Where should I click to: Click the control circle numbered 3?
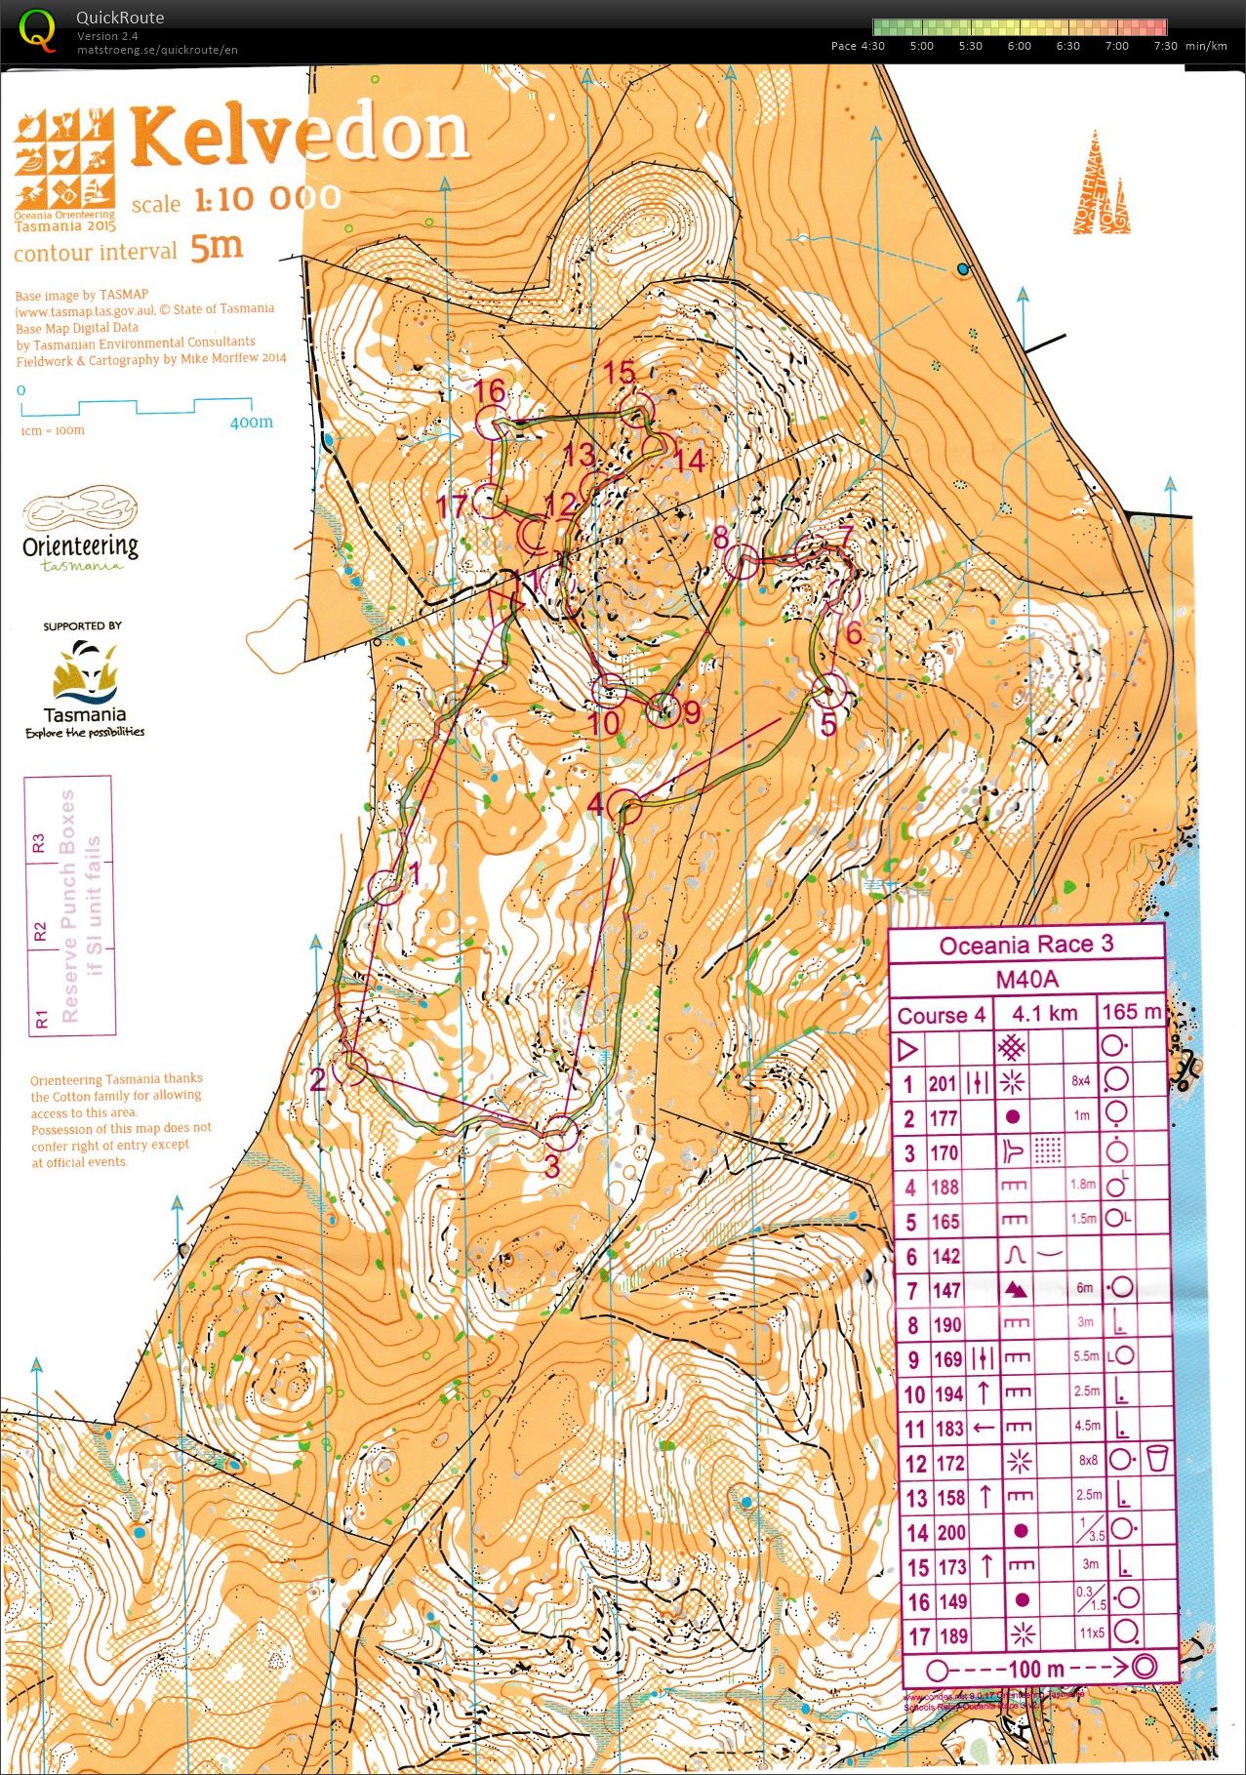(559, 1133)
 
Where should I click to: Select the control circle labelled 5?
(828, 691)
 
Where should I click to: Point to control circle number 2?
(350, 1069)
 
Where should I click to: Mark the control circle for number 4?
(625, 808)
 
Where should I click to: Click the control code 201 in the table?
(943, 1083)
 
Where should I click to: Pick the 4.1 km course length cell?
(1045, 1013)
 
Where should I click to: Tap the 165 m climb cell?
(1131, 1012)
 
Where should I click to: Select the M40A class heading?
(1026, 979)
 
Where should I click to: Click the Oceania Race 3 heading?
(1026, 945)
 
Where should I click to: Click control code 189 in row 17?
(950, 1635)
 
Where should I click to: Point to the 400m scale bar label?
(252, 423)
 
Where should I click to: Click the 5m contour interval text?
(217, 247)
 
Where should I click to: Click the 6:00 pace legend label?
(1019, 46)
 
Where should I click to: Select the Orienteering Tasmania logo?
(80, 532)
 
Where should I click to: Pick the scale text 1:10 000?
(266, 199)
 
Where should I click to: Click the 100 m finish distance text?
(1036, 1669)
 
